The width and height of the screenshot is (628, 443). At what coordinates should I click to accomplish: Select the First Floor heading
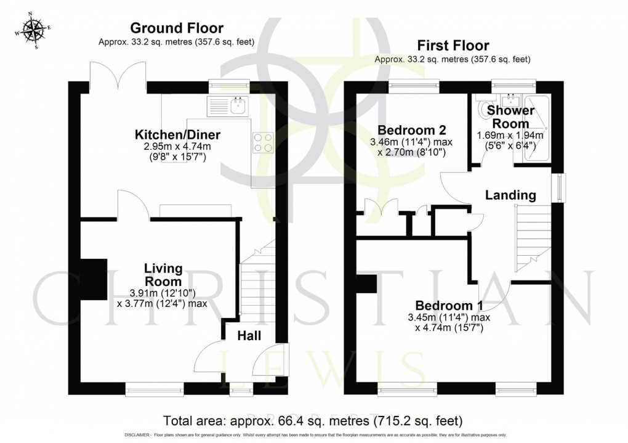(453, 45)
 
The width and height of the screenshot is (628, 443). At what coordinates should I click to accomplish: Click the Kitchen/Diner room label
(179, 134)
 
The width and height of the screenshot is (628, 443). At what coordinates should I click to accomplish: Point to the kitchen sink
(238, 107)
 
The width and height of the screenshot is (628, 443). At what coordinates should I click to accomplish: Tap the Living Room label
(163, 274)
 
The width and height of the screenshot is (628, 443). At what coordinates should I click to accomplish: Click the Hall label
(249, 336)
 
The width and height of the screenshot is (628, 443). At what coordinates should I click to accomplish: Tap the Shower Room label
(510, 117)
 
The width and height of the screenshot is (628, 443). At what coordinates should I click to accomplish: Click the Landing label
(510, 195)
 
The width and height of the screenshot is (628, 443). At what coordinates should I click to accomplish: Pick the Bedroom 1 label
(449, 306)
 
